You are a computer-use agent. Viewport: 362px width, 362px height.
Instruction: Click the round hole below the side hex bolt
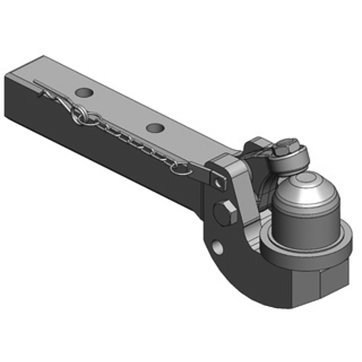[x=218, y=247]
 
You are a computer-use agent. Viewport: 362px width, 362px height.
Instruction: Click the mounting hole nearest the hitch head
[x=154, y=129]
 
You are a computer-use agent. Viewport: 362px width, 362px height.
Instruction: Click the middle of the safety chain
[x=131, y=139]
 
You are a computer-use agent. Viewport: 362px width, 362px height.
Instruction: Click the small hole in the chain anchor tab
[x=220, y=182]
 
